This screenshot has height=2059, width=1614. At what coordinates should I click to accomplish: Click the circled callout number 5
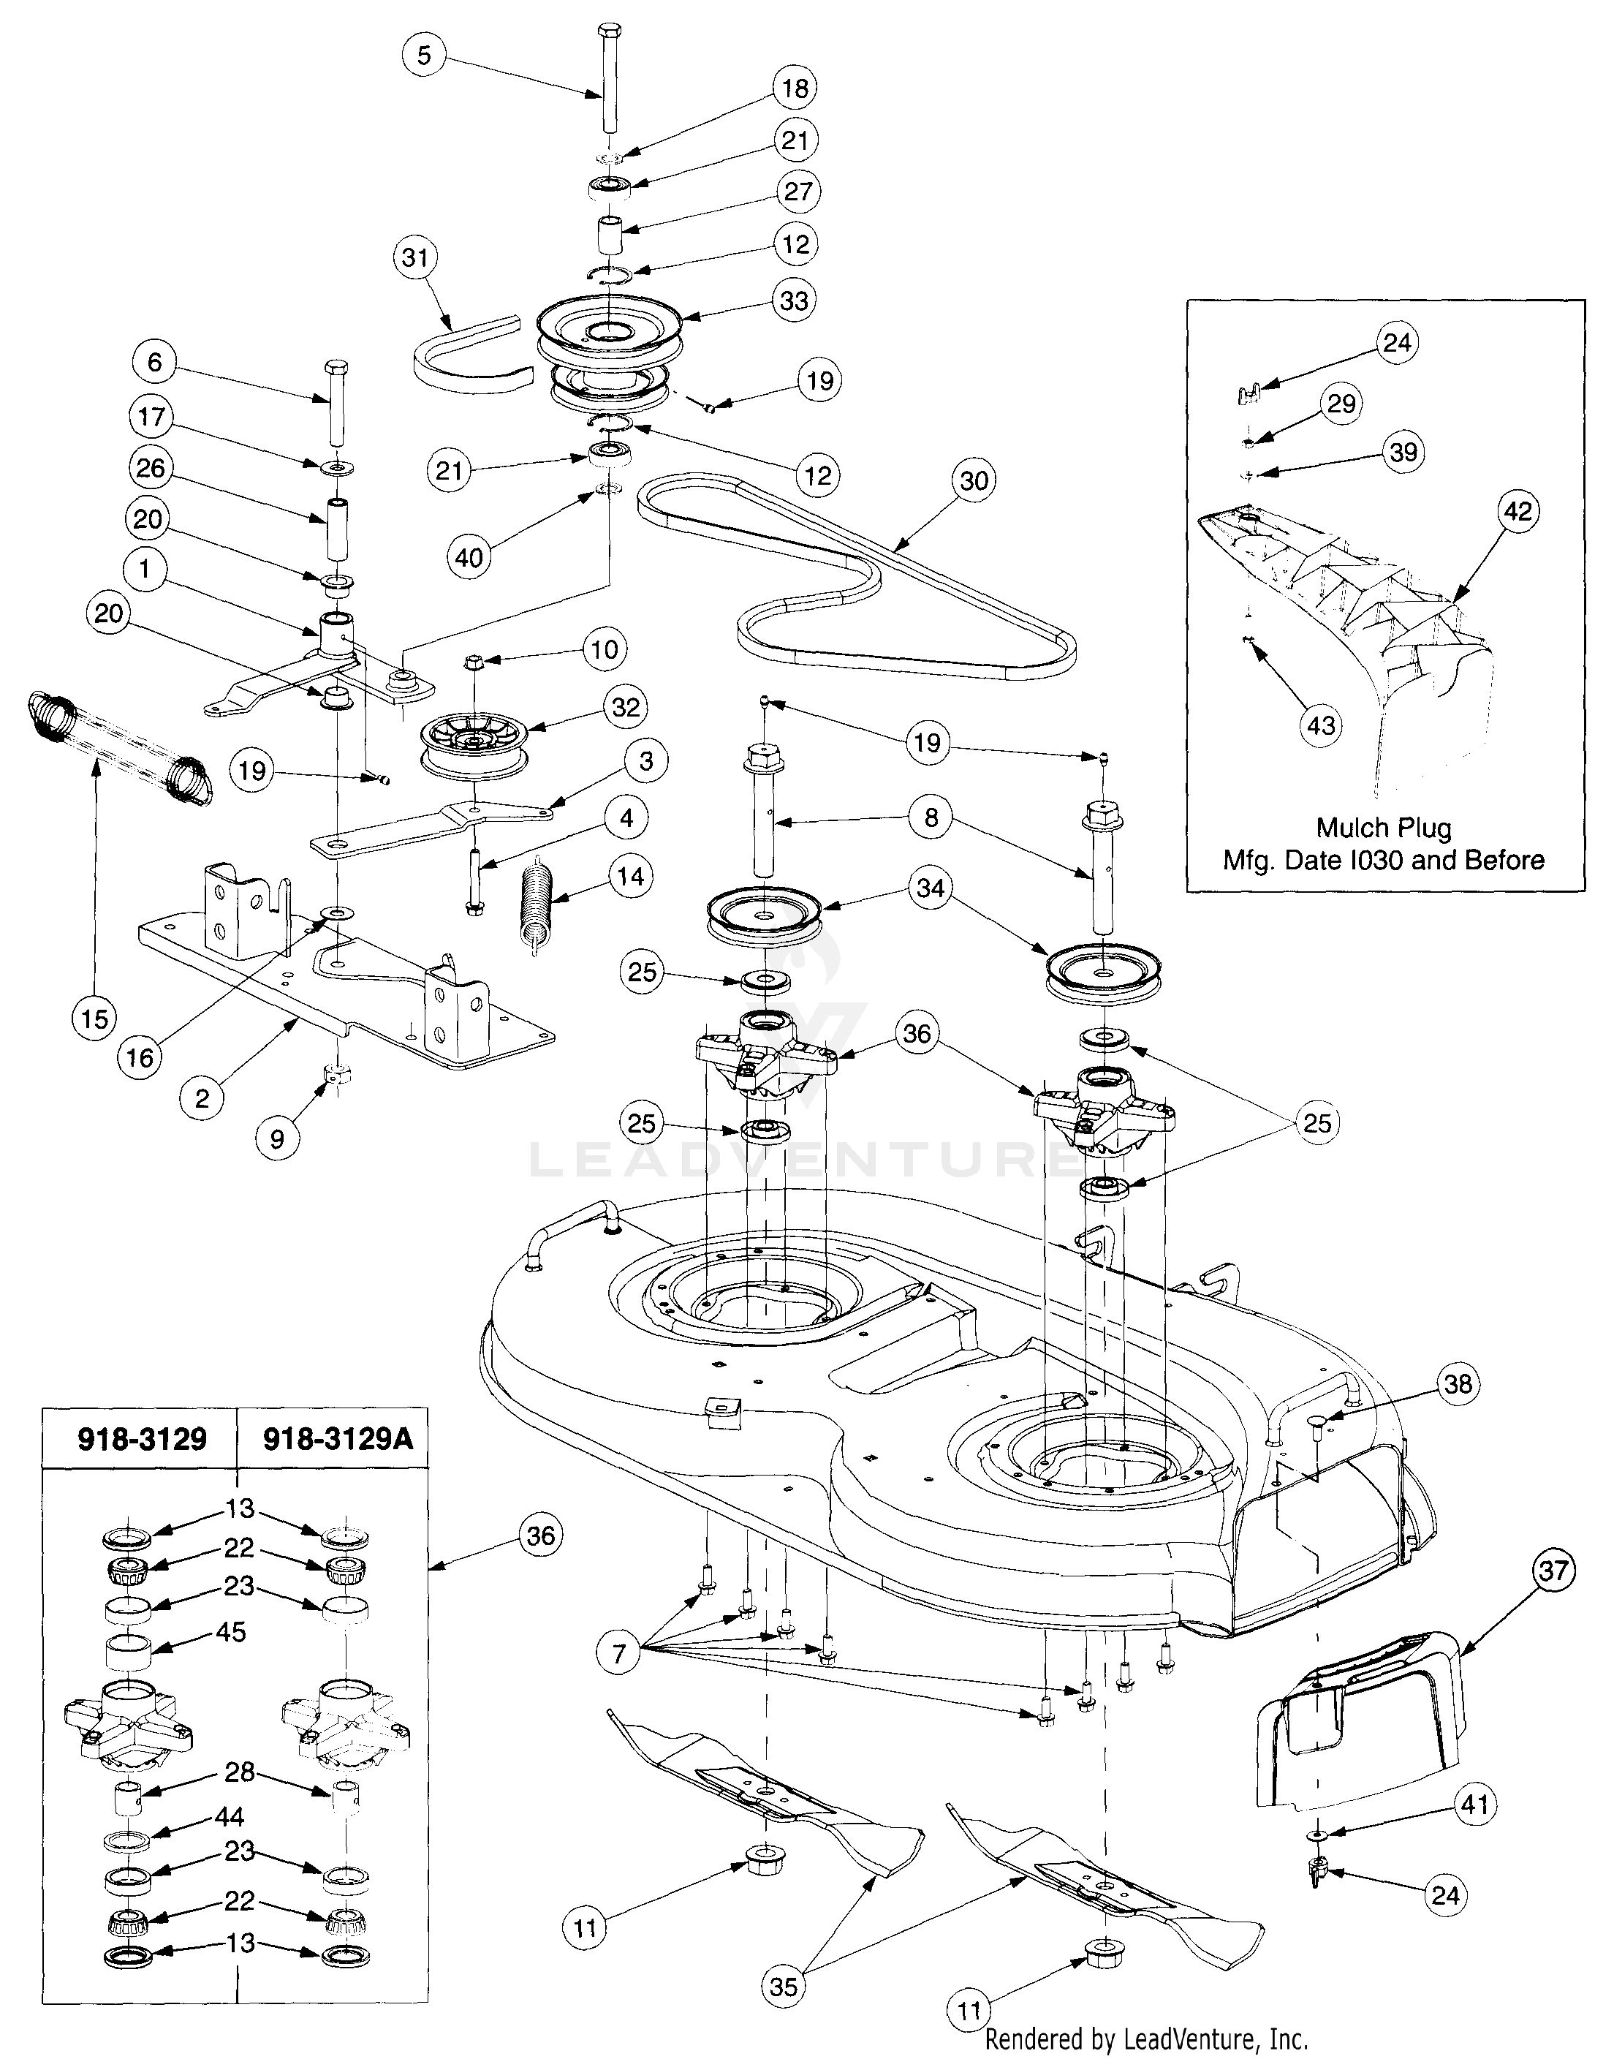coord(423,55)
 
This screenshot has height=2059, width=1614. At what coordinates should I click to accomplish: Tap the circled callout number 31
coord(415,258)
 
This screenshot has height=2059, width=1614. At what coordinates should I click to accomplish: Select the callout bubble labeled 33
coord(794,301)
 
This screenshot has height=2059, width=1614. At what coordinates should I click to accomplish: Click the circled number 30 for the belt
coord(974,480)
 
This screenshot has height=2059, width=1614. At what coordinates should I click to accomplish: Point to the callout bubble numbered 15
coord(94,1019)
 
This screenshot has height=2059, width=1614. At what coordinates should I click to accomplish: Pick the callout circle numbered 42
coord(1518,511)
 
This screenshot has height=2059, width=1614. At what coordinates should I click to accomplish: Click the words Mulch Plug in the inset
coord(1384,828)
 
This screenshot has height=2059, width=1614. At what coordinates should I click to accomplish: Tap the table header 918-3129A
coord(338,1440)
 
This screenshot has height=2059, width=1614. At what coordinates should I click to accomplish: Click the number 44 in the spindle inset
coord(229,1816)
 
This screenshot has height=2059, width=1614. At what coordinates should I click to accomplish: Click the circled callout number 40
coord(469,557)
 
